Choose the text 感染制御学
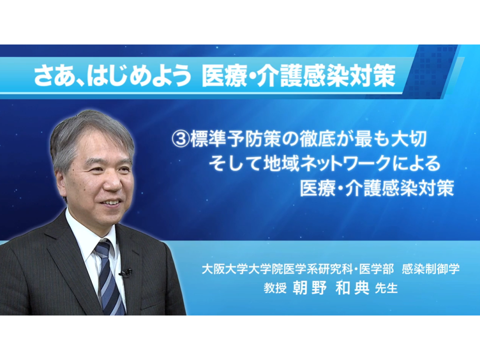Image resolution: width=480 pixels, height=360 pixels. click(431, 269)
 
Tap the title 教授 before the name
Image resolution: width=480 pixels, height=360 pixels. click(275, 288)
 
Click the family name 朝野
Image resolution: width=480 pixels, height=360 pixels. click(310, 288)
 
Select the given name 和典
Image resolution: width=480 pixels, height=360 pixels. click(352, 288)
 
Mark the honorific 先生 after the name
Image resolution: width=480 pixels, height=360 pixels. click(386, 288)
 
